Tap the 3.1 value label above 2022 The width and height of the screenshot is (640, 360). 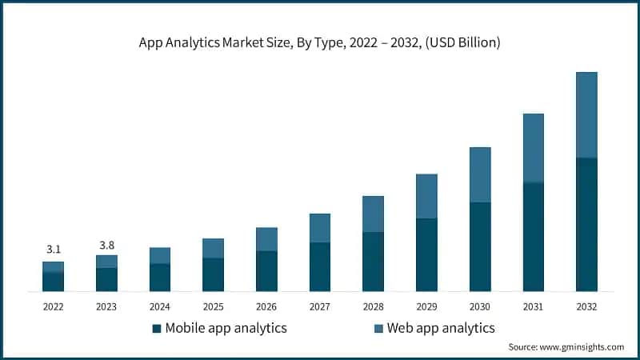click(53, 249)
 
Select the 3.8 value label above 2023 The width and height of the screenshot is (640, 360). click(106, 243)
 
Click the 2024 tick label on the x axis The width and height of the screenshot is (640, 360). click(160, 306)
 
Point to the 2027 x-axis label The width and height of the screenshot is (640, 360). click(320, 306)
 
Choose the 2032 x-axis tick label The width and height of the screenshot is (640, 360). click(586, 306)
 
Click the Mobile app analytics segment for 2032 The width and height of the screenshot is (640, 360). click(586, 224)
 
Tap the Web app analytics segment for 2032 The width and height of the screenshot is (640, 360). click(586, 115)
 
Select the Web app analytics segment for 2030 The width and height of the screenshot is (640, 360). click(480, 174)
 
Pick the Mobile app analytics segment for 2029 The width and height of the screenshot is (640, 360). click(426, 254)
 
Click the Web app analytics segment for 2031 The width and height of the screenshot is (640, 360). click(533, 148)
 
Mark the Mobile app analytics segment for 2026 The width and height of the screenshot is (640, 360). click(266, 270)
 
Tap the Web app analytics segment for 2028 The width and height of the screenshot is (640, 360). click(373, 214)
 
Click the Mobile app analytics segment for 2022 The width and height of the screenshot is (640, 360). click(53, 281)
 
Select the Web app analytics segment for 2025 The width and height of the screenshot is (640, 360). click(213, 248)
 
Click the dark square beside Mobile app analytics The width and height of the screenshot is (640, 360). click(158, 328)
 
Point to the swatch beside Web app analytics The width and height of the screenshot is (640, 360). click(378, 328)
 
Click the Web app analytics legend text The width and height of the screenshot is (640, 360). click(441, 328)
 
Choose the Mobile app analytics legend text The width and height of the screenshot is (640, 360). click(226, 328)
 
